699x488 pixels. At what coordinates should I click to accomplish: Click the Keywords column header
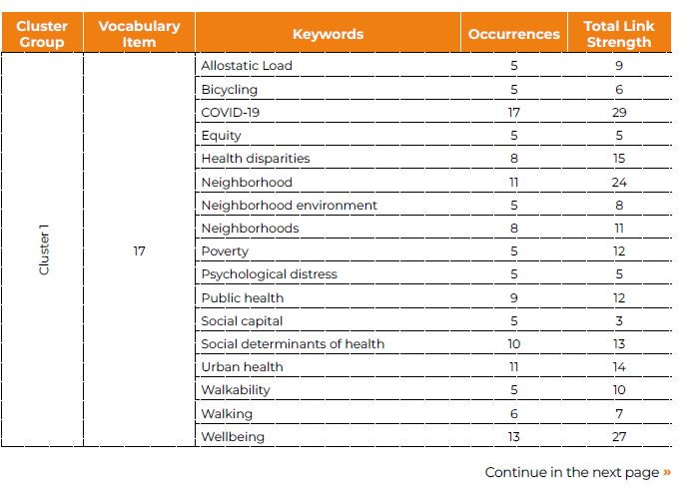point(329,34)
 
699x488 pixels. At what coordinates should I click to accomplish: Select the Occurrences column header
point(513,34)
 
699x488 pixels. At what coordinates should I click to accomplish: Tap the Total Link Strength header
point(619,34)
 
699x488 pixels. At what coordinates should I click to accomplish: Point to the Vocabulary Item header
point(139,34)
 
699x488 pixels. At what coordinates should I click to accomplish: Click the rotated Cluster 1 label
point(44,249)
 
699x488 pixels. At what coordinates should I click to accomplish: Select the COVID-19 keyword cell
point(230,113)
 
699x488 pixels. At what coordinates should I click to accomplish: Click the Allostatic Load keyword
point(247,66)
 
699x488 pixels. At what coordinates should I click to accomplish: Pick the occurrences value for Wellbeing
point(513,437)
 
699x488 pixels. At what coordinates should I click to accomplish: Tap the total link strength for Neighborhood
point(619,183)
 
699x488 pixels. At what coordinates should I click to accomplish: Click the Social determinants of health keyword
point(293,344)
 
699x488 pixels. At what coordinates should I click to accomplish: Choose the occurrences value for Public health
point(513,297)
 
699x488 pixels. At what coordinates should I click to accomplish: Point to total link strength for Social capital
point(619,321)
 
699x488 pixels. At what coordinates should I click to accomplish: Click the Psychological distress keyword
point(269,274)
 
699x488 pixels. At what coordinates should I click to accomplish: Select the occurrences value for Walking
point(513,413)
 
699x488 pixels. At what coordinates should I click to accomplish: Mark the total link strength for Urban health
point(619,367)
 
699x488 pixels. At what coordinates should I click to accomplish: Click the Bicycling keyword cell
point(229,90)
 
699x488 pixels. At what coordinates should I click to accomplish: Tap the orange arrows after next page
point(667,472)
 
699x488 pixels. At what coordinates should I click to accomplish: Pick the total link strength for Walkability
point(619,390)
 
